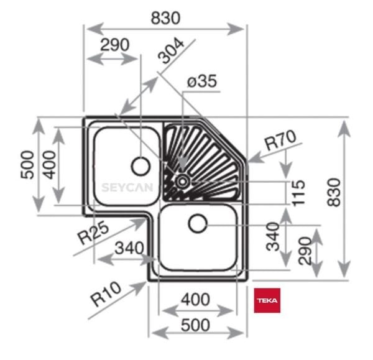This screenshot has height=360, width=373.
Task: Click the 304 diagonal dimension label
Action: click(x=172, y=52)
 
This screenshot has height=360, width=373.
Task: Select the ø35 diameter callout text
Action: click(x=202, y=81)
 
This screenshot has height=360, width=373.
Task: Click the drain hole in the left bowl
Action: click(x=141, y=165)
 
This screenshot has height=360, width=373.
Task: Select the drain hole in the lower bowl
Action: click(x=198, y=223)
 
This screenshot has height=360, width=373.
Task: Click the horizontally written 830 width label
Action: click(x=165, y=18)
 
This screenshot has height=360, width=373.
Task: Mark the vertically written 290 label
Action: click(x=304, y=251)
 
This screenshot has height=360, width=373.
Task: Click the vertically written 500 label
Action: click(x=27, y=165)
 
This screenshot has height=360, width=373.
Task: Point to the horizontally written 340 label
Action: click(x=129, y=248)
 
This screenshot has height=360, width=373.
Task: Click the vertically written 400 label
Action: click(x=49, y=164)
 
